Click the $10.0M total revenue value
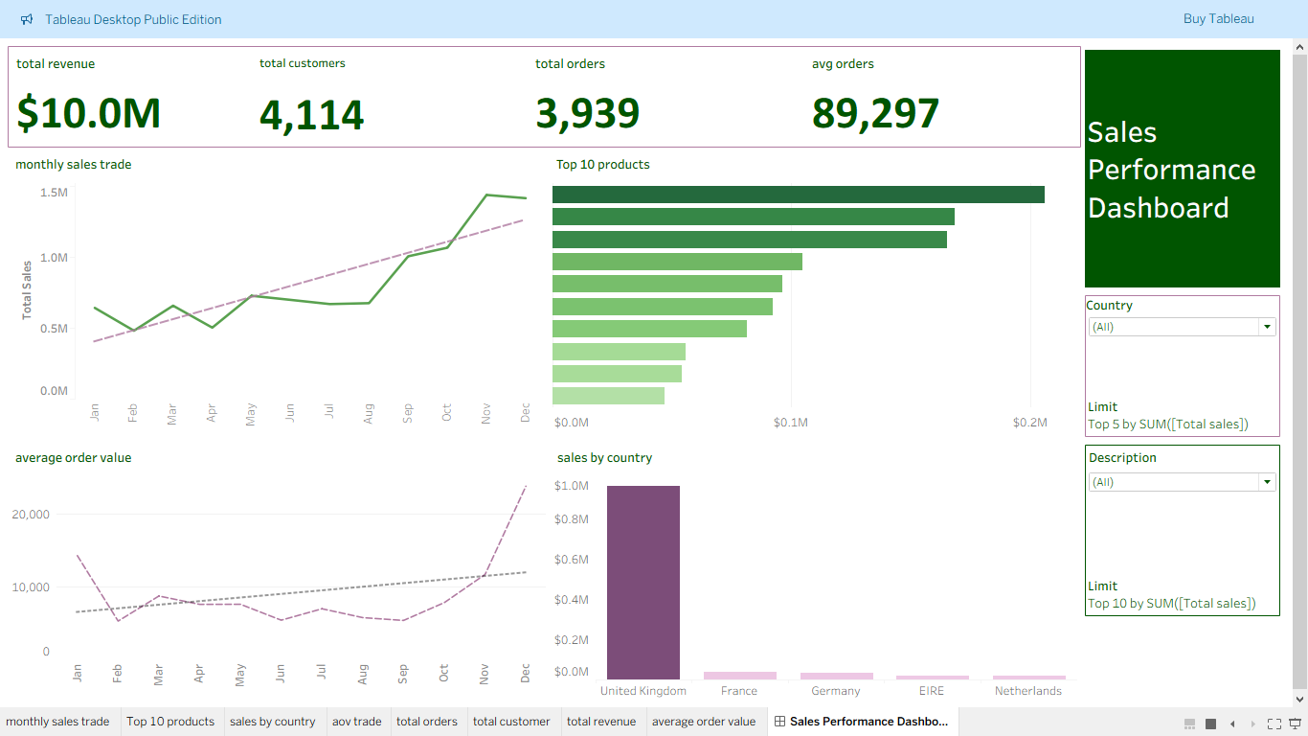click(89, 114)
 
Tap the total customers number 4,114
click(311, 115)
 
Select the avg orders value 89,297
click(875, 114)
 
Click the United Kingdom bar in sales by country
click(643, 583)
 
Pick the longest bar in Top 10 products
click(798, 195)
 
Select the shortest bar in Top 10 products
click(608, 396)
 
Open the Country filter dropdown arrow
click(1268, 327)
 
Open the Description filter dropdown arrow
click(1268, 482)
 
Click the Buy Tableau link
click(1218, 19)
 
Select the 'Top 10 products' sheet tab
click(170, 722)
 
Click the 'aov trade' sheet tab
click(356, 722)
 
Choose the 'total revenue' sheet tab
click(600, 722)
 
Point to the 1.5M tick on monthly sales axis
click(54, 193)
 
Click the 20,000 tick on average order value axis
click(31, 515)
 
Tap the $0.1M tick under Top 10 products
click(791, 423)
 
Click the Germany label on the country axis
click(836, 691)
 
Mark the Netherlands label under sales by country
click(1027, 691)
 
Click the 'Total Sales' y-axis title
click(27, 289)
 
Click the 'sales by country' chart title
click(604, 458)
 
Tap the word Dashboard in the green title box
click(1158, 208)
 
